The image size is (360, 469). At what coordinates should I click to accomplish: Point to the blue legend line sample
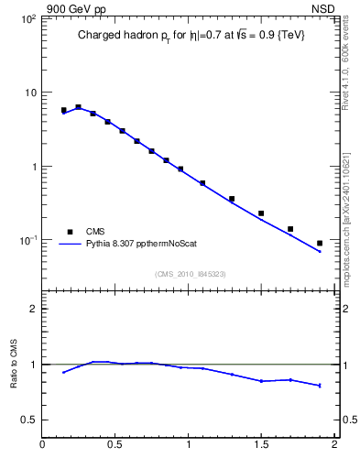point(70,245)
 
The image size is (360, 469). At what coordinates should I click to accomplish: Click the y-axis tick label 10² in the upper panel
point(27,19)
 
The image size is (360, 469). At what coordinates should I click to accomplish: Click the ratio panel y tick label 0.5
point(28,420)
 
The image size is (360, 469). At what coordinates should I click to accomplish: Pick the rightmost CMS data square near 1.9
point(320,243)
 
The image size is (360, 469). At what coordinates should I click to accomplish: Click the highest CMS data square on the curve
point(78,107)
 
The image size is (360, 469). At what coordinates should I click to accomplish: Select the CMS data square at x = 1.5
point(261,213)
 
